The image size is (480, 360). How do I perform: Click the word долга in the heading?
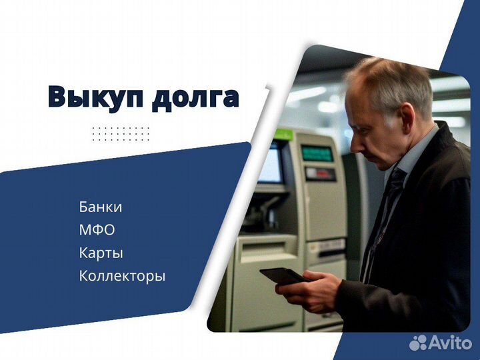pyautogui.click(x=194, y=97)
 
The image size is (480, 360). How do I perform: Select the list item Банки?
pyautogui.click(x=100, y=207)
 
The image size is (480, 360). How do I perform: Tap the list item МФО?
pyautogui.click(x=97, y=230)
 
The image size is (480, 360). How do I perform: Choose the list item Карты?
pyautogui.click(x=101, y=253)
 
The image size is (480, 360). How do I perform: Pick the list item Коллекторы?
pyautogui.click(x=122, y=276)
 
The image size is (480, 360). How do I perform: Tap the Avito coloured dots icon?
pyautogui.click(x=418, y=343)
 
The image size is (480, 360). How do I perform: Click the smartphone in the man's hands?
pyautogui.click(x=281, y=275)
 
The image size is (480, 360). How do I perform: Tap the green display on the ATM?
pyautogui.click(x=317, y=153)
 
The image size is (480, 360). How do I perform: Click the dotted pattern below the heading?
pyautogui.click(x=121, y=133)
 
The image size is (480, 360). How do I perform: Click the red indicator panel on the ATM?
pyautogui.click(x=321, y=174)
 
